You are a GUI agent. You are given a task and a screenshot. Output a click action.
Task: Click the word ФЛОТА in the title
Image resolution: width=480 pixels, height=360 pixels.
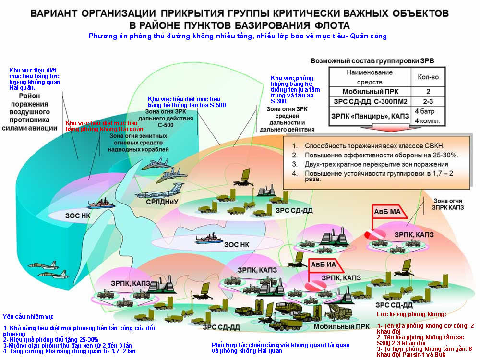(325, 25)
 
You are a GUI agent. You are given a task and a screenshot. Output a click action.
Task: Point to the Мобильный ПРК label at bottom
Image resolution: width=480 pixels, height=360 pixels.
(335, 327)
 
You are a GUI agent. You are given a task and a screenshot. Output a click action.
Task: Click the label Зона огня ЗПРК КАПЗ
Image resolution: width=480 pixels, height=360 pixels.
(449, 204)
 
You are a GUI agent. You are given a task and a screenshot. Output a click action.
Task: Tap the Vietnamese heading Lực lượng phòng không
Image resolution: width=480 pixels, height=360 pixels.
(412, 314)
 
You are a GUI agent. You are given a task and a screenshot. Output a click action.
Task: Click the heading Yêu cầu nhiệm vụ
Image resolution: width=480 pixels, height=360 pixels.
(28, 317)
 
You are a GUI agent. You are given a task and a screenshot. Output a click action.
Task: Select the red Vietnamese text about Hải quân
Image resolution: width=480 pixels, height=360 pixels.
(104, 126)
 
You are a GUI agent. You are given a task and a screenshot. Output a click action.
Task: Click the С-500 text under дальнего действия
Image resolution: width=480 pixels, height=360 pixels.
(166, 125)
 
